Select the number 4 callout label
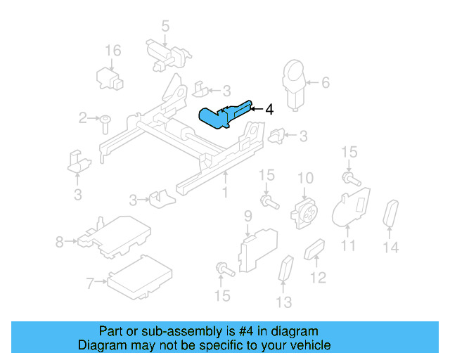269,109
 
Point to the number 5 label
165,27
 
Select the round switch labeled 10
304,209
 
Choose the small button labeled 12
314,250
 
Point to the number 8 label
59,243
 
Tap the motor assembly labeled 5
166,55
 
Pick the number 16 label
113,51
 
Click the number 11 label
349,245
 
